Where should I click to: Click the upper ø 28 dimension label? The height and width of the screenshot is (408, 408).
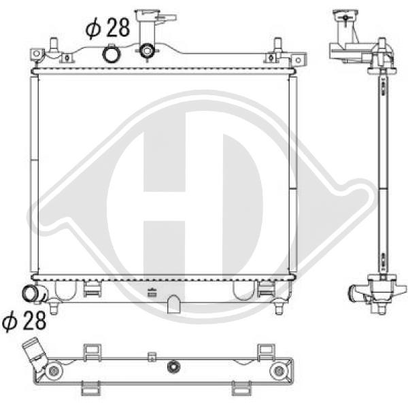coord(107,28)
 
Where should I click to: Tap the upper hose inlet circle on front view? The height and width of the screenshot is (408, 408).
coord(112,54)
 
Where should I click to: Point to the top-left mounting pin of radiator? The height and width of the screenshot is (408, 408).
coord(54,46)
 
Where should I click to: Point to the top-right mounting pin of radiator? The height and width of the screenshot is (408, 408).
coord(278,46)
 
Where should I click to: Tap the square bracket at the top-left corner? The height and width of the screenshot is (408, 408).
coord(37,54)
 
